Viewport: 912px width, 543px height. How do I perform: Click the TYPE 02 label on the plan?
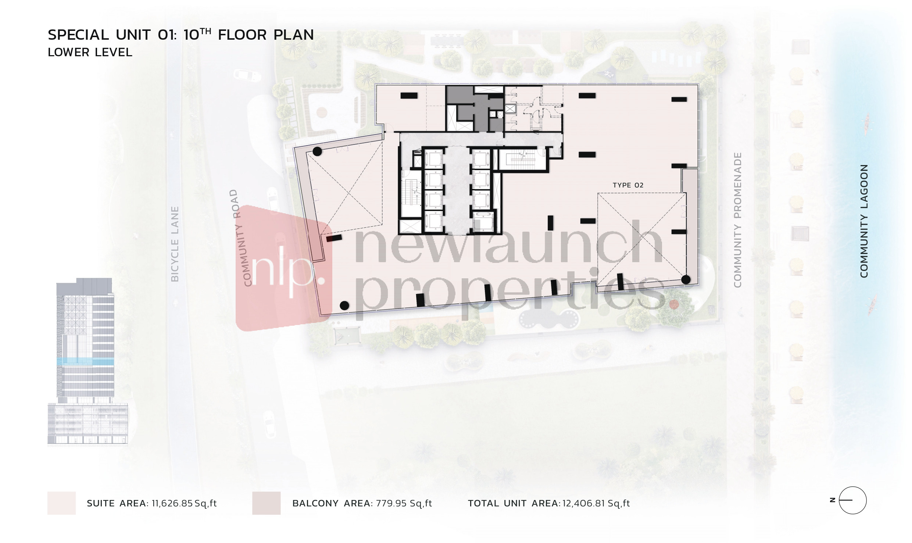(x=628, y=185)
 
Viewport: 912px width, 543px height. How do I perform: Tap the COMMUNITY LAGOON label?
(x=864, y=221)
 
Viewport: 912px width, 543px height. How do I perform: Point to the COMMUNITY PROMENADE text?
(x=737, y=220)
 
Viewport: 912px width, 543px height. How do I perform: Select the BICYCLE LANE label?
(x=175, y=244)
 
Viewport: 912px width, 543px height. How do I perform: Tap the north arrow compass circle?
(x=853, y=500)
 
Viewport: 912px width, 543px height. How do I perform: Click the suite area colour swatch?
(x=61, y=503)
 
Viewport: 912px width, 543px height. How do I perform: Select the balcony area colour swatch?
(x=266, y=503)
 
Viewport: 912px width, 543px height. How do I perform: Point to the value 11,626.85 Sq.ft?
(x=184, y=503)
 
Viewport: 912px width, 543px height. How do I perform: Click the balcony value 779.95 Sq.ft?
(x=404, y=503)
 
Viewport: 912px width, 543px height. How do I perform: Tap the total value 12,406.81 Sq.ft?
(x=596, y=503)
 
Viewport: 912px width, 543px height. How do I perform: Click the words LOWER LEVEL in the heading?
(x=90, y=53)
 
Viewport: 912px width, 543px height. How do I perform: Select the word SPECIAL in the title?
(x=78, y=35)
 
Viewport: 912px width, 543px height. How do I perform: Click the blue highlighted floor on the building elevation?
(x=85, y=362)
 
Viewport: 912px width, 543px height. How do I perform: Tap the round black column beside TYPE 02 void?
(x=686, y=280)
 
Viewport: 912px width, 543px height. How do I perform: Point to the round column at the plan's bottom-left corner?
(x=344, y=305)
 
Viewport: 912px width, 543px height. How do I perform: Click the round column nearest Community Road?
(x=317, y=151)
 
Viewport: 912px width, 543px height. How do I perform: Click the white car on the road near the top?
(x=247, y=76)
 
